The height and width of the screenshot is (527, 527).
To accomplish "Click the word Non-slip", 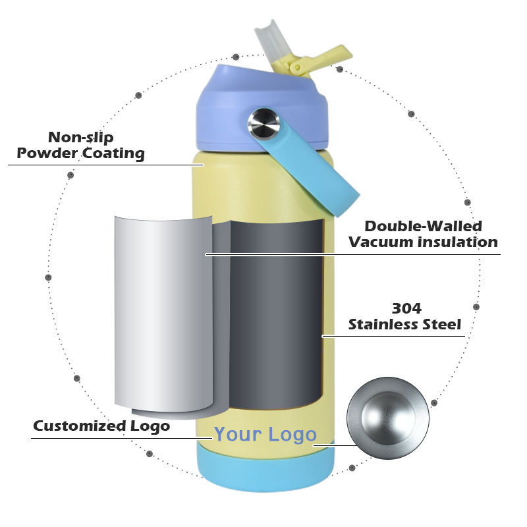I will tap(81, 138).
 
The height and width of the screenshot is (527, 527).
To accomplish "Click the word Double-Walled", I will tap(424, 227).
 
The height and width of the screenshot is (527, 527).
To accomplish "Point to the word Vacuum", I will tap(379, 242).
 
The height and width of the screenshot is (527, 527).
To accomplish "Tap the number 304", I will tap(406, 308).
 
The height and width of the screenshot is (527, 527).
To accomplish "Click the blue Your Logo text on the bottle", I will tap(265, 434).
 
